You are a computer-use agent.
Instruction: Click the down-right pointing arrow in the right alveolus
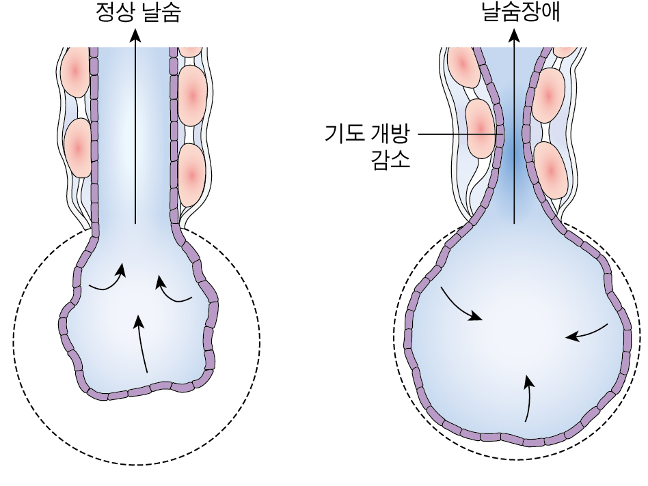coord(461,305)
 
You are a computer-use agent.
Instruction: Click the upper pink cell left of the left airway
coord(75,71)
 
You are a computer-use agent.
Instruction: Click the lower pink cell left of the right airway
coord(481,125)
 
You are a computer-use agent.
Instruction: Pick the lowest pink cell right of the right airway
coord(552,168)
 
